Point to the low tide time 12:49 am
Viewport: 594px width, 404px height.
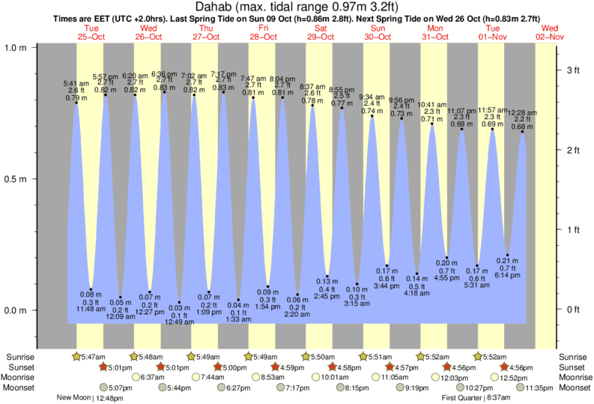(x=180, y=322)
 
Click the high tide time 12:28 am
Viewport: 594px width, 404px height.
(x=520, y=112)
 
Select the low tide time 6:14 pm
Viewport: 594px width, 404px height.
(x=507, y=276)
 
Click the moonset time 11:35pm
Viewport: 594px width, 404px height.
(x=537, y=388)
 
